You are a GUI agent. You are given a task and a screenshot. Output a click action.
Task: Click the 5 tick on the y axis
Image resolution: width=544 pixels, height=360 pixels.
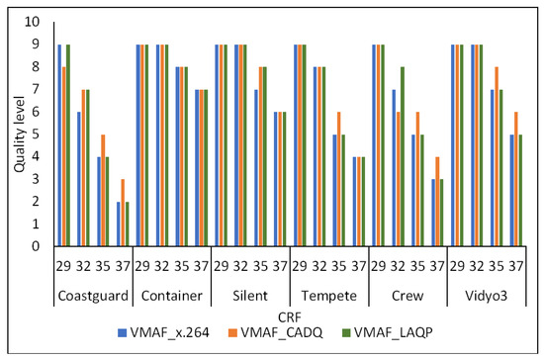(x=38, y=134)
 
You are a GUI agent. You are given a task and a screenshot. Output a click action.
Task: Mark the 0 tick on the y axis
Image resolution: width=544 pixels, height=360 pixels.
(x=38, y=246)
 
